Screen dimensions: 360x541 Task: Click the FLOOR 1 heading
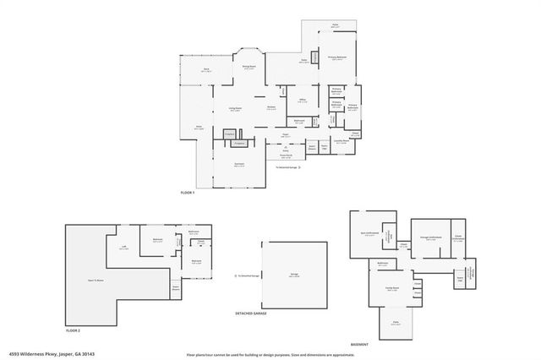188,194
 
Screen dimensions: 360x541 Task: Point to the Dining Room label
249,68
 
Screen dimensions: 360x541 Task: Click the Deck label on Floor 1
205,70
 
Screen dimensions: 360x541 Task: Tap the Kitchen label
271,107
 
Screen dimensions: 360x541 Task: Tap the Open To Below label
95,280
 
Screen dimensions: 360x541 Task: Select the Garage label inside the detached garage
293,275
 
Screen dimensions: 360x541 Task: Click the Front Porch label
286,155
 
